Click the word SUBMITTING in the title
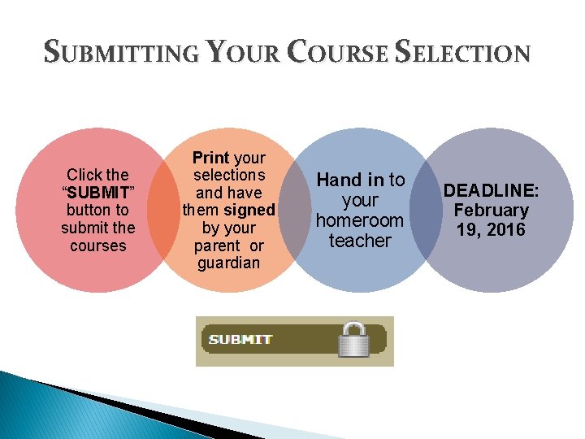120,54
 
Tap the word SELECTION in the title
463,54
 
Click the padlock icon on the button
353,340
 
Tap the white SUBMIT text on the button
240,340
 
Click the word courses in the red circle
98,246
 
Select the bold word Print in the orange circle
210,158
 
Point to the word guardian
228,263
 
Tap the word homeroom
360,220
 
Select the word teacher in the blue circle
360,241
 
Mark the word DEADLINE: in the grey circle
491,190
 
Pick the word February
491,210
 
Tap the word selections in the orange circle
229,175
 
